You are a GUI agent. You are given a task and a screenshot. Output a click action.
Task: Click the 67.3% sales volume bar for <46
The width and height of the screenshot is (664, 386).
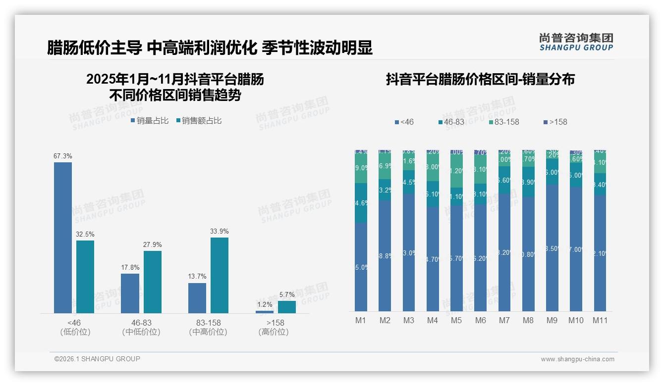click(x=63, y=238)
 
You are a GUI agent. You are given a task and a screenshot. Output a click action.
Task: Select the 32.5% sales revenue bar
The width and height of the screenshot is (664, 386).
click(x=85, y=277)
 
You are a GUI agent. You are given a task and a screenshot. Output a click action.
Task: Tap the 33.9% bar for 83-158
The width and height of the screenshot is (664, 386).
click(x=220, y=275)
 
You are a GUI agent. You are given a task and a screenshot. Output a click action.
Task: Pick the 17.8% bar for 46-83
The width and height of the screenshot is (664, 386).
click(x=130, y=293)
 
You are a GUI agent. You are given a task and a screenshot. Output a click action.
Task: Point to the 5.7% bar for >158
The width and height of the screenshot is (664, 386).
click(x=286, y=307)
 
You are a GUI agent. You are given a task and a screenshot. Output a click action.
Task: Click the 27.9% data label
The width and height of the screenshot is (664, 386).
click(x=153, y=245)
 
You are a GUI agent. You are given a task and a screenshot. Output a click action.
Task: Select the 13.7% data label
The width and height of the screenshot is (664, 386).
click(x=197, y=277)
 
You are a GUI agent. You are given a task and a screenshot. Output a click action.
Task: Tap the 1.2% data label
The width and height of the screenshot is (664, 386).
click(x=265, y=305)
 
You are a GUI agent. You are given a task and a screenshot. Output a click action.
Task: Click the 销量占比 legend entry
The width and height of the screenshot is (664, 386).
click(x=149, y=121)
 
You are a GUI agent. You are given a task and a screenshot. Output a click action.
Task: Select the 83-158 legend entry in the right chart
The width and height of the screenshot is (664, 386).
click(x=503, y=122)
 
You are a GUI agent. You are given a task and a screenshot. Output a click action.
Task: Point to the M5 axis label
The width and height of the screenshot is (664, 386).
click(x=456, y=320)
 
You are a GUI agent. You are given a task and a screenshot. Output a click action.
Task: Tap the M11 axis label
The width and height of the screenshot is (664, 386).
click(x=600, y=320)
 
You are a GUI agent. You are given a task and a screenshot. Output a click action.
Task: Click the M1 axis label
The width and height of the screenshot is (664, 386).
click(x=361, y=320)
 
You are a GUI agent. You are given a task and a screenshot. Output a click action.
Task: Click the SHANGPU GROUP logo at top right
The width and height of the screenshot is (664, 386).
click(x=576, y=42)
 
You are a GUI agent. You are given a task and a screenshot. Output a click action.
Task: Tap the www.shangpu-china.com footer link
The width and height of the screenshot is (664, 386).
click(x=577, y=359)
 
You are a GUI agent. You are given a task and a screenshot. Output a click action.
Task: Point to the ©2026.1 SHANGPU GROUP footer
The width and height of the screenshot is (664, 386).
click(x=97, y=359)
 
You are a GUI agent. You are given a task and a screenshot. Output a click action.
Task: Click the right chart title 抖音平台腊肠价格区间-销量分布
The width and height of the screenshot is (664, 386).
click(x=480, y=80)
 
